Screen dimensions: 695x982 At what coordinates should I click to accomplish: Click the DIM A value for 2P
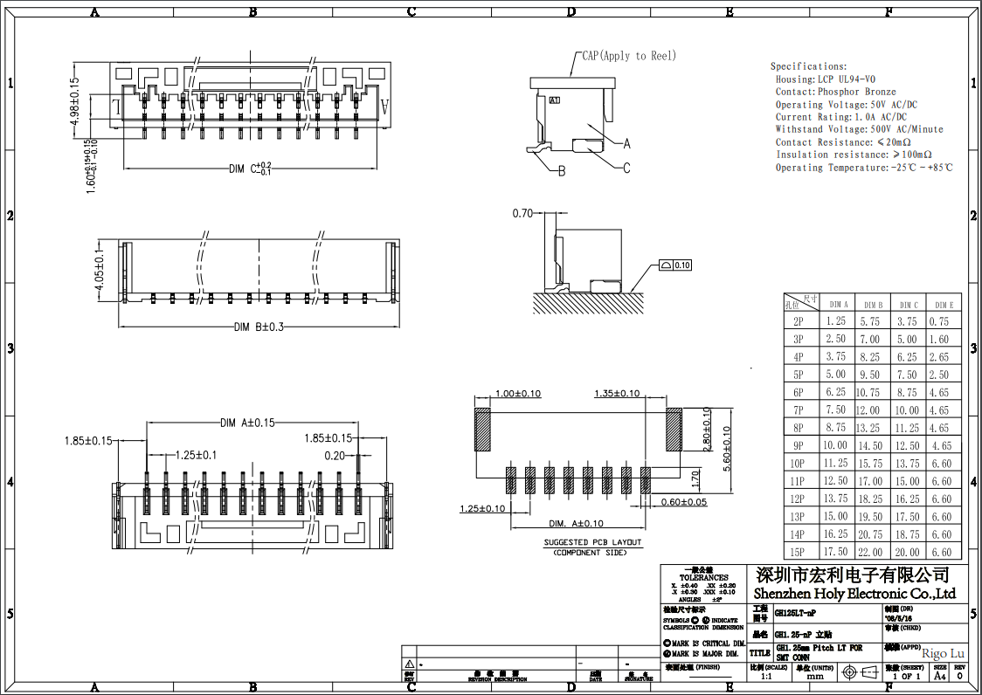[836, 321]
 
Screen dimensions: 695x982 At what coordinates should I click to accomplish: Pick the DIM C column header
[909, 305]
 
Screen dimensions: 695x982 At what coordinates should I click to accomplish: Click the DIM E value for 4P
[941, 357]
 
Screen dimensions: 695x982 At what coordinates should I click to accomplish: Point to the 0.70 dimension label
[522, 213]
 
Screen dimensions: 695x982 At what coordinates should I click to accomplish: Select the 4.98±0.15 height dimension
[75, 103]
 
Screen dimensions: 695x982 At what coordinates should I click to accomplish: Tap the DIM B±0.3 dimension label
[259, 327]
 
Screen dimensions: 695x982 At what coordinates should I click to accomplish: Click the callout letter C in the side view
[626, 169]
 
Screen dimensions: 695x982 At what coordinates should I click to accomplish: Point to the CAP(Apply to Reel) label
[628, 56]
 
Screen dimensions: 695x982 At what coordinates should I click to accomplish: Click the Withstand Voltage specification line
[859, 129]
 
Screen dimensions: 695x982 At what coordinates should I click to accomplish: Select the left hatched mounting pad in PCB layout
[482, 430]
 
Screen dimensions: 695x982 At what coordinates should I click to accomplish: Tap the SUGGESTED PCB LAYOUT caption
[592, 542]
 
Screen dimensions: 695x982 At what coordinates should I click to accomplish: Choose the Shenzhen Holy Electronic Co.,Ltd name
[848, 594]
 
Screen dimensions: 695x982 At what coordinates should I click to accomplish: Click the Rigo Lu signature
[943, 653]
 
